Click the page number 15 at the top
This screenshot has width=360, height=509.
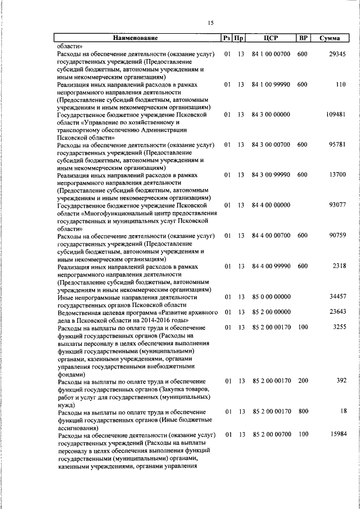pos(211,23)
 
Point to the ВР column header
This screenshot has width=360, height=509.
pos(303,38)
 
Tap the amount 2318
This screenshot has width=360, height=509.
pos(339,266)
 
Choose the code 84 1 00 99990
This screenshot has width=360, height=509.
pos(271,84)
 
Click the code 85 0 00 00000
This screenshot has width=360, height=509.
pos(271,296)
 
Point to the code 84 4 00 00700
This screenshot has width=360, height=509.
pos(271,236)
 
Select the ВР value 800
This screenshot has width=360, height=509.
pos(303,412)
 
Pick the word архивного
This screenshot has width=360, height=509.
pos(194,312)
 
